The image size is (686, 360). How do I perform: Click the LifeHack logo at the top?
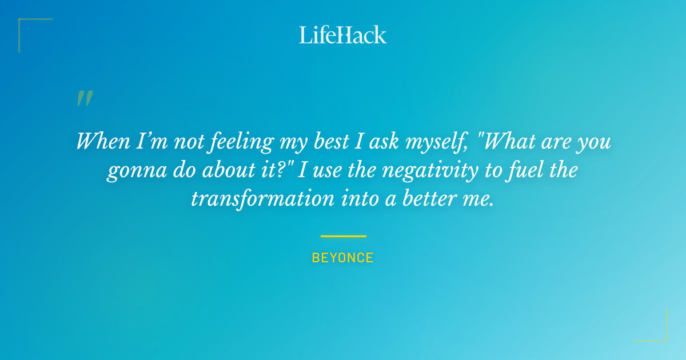click(343, 35)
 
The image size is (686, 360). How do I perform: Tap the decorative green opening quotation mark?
click(84, 98)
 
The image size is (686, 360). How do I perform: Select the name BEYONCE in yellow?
click(343, 258)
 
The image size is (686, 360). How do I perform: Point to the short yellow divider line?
click(343, 236)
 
